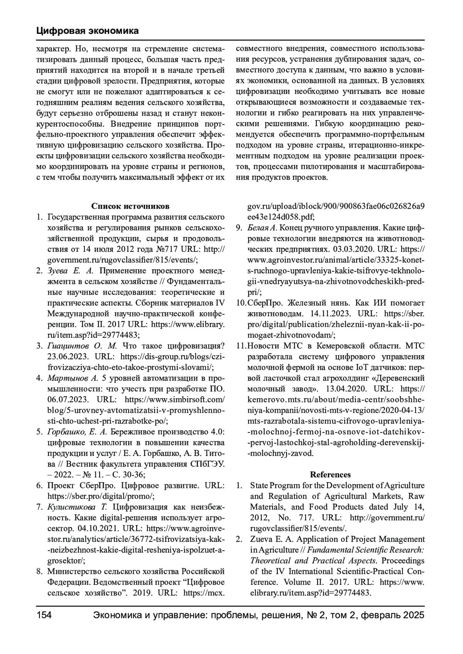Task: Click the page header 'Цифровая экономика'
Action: tap(88, 31)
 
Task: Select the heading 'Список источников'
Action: tap(130, 206)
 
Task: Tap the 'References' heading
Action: tap(330, 475)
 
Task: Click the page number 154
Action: tap(44, 615)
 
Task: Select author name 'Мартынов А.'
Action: tap(73, 378)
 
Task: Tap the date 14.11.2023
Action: tap(327, 314)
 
